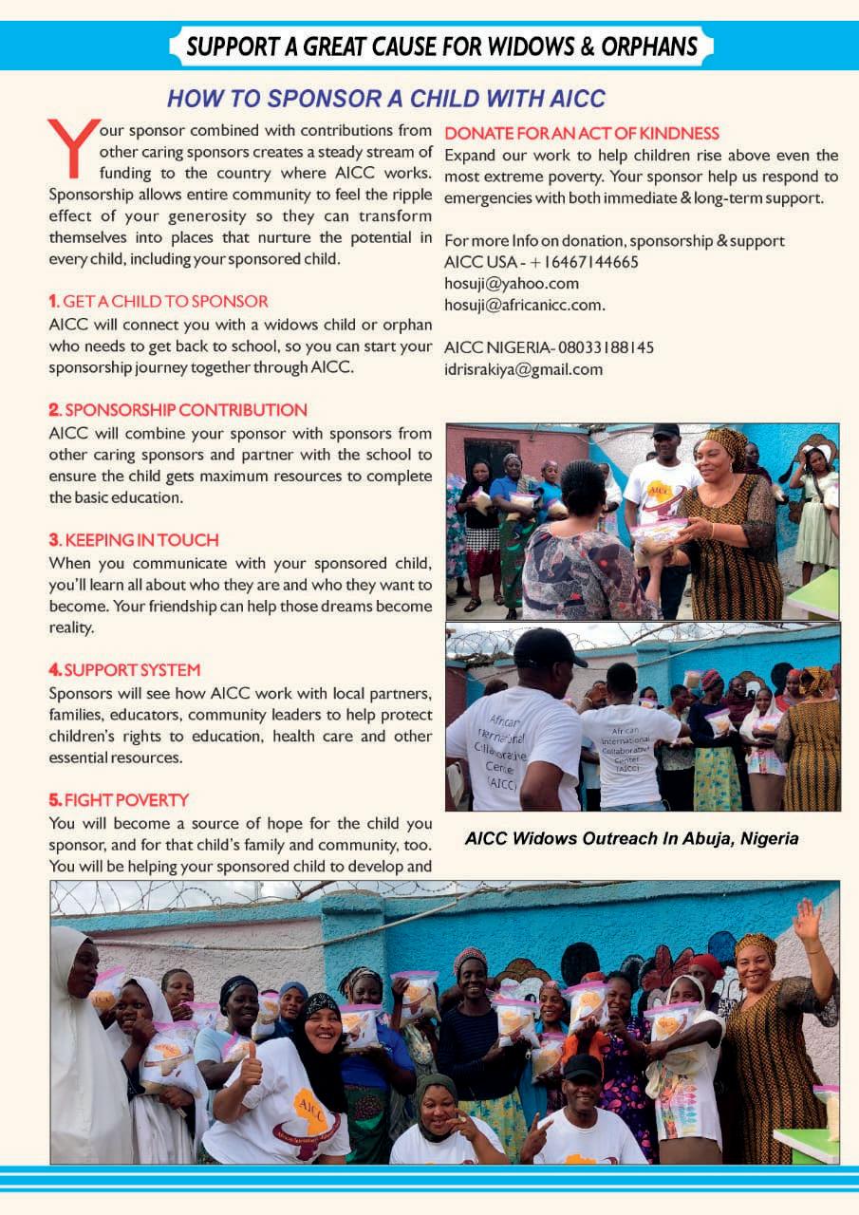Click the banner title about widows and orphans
(441, 46)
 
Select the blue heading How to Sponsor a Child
(385, 98)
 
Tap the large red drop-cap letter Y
(72, 148)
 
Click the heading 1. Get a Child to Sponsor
(159, 301)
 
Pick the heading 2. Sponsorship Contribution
(177, 410)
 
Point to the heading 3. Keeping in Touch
(134, 540)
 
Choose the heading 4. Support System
(124, 670)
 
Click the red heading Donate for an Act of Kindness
(582, 134)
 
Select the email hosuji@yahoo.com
(511, 283)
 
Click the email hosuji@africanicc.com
(524, 305)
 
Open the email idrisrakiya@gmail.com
(523, 369)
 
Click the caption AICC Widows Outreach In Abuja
(631, 839)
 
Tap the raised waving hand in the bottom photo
(808, 920)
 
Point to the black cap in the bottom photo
(581, 1066)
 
